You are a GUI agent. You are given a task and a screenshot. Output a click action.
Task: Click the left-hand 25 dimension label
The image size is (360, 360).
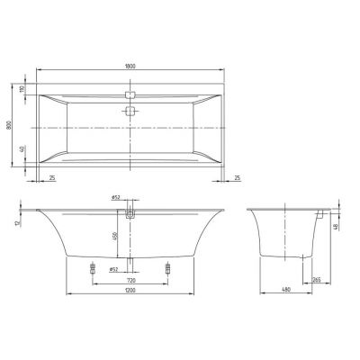pyautogui.click(x=53, y=179)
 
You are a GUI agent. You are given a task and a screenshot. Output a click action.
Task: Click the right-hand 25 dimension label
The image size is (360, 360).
pyautogui.click(x=238, y=179)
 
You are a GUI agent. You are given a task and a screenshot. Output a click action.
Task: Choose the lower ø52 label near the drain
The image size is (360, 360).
pyautogui.click(x=114, y=268)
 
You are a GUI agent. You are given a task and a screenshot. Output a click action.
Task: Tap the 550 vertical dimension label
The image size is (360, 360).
pyautogui.click(x=113, y=236)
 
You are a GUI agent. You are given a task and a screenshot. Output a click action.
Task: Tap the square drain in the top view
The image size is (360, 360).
pyautogui.click(x=131, y=112)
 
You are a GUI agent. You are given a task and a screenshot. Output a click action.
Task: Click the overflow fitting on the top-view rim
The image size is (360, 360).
pyautogui.click(x=131, y=93)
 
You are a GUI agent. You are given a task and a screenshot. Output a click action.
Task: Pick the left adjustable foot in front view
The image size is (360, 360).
pyautogui.click(x=93, y=268)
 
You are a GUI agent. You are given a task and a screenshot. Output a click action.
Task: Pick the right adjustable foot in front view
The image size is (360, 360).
pyautogui.click(x=169, y=268)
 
